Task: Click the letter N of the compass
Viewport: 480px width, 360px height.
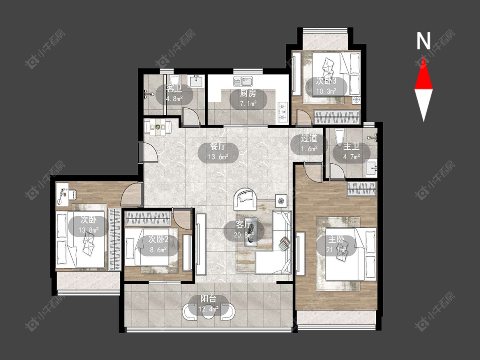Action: tap(424, 41)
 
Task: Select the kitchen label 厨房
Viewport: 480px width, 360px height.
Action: tap(248, 93)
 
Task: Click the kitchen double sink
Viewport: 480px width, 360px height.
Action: tap(243, 81)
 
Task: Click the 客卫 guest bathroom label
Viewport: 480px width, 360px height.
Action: tap(174, 89)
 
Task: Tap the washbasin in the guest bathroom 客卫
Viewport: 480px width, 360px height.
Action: tap(196, 81)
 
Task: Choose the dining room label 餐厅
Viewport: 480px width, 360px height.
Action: tap(218, 147)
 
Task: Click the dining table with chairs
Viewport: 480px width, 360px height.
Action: tap(158, 126)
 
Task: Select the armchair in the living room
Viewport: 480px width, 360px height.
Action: tap(245, 199)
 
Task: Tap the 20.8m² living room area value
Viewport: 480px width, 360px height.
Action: tap(244, 235)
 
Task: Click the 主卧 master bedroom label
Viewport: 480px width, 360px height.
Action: tap(337, 240)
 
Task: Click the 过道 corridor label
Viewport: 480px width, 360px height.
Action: tap(309, 138)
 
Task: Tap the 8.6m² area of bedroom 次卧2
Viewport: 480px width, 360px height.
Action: tap(158, 250)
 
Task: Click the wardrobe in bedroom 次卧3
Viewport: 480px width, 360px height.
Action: tap(337, 116)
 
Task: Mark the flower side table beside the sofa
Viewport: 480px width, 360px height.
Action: tap(281, 200)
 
